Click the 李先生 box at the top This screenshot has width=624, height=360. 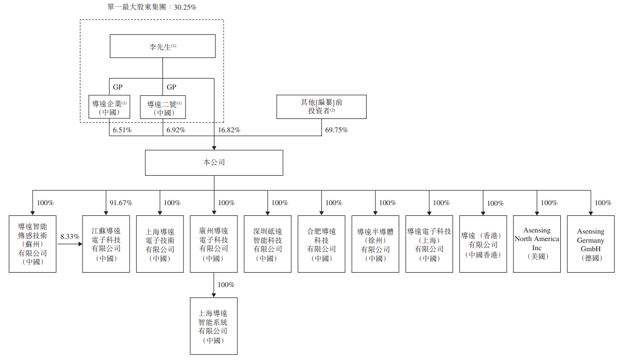click(x=162, y=47)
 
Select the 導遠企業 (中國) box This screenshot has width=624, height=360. click(x=109, y=108)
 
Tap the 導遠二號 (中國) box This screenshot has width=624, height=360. click(x=163, y=108)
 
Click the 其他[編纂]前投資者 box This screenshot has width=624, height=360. click(x=321, y=107)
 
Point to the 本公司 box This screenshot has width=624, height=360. click(x=214, y=162)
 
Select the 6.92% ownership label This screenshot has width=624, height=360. click(x=176, y=130)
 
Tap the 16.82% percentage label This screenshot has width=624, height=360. click(x=229, y=130)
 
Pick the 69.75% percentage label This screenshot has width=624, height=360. click(x=337, y=130)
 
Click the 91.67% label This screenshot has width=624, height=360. click(x=121, y=203)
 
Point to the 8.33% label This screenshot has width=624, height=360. click(x=69, y=236)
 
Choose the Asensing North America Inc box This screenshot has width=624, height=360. click(x=537, y=244)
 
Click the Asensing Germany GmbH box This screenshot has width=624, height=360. click(x=590, y=244)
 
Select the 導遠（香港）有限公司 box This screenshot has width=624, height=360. click(x=483, y=244)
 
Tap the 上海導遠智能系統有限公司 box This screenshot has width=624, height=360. click(x=213, y=327)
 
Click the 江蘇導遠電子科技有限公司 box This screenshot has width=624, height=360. click(x=106, y=244)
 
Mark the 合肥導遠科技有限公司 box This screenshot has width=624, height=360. click(x=322, y=244)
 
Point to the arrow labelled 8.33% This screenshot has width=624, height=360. click(x=70, y=244)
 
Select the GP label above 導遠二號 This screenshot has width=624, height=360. click(x=171, y=87)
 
